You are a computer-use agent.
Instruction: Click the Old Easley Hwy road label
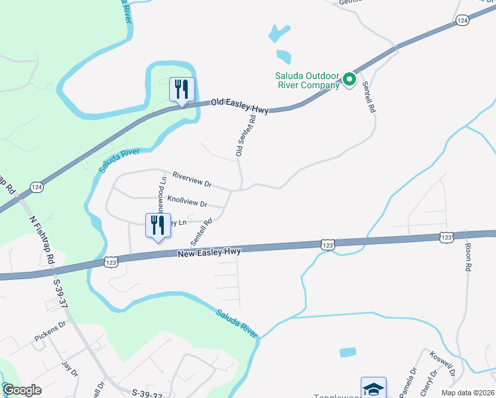point(239,106)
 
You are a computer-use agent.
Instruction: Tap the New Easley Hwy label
point(209,252)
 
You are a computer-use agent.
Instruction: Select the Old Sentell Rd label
point(245,135)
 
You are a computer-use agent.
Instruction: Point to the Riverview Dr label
point(192,179)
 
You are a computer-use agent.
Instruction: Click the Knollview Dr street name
point(188,200)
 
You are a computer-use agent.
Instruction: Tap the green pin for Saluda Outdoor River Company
point(350,84)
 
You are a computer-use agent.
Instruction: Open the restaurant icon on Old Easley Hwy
point(181,90)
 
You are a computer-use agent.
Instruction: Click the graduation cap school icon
point(373,388)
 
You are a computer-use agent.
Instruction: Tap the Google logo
point(22,390)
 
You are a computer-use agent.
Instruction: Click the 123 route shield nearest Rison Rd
point(446,237)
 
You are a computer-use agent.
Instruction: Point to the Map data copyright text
point(467,393)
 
